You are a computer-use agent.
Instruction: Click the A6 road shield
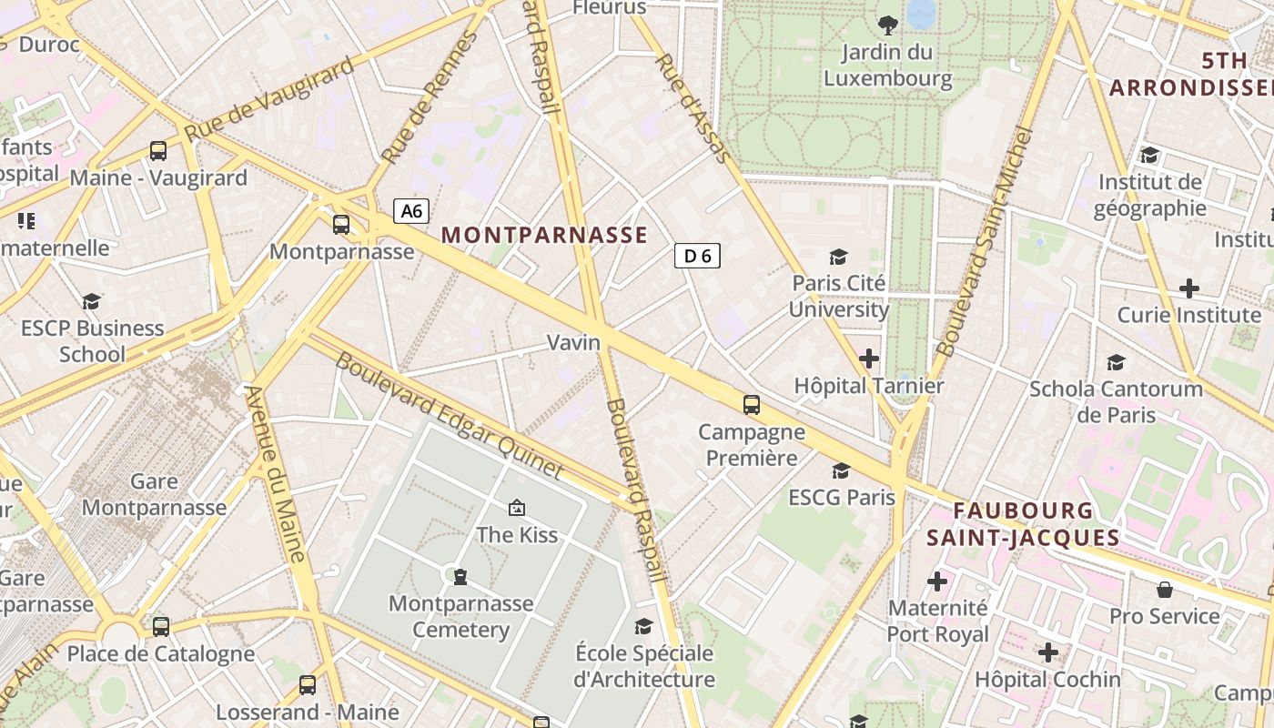[x=411, y=211]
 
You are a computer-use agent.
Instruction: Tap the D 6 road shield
[x=697, y=256]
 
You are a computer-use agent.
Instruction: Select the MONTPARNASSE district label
[x=544, y=235]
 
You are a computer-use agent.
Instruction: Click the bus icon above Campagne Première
[x=751, y=405]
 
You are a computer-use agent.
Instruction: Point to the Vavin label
[x=573, y=342]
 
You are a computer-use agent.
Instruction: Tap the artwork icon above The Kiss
[x=517, y=507]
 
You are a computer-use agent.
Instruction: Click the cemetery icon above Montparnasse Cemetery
[x=460, y=576]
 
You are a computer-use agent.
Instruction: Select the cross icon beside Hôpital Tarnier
[x=869, y=359]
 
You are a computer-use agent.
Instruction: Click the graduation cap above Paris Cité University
[x=838, y=258]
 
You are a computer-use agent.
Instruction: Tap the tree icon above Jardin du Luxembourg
[x=887, y=25]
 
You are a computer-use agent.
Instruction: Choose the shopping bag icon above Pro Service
[x=1164, y=590]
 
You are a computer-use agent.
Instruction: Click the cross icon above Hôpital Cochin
[x=1047, y=652]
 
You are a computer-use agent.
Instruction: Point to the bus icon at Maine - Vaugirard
[x=158, y=151]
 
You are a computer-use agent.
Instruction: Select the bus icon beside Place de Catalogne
[x=161, y=626]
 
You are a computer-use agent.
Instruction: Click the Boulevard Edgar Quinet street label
[x=449, y=416]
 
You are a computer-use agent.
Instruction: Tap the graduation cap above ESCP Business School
[x=91, y=301]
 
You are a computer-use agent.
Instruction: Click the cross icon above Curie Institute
[x=1188, y=289]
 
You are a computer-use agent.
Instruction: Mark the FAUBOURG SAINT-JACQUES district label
[x=1022, y=523]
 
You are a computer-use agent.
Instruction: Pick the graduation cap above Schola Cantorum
[x=1116, y=363]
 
